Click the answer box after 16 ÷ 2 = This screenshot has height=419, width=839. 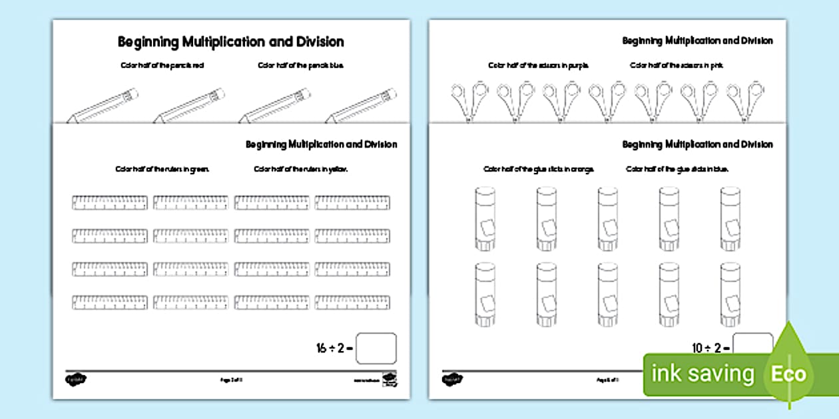point(376,348)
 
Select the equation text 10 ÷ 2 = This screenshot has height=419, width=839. point(711,348)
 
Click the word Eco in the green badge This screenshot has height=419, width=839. point(788,374)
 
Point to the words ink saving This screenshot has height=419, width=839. point(702,374)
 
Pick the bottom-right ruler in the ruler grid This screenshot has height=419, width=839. point(352,303)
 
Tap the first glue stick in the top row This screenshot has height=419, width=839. point(485,218)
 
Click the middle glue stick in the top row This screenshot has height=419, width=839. point(607,218)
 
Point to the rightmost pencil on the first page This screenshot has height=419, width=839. point(363,106)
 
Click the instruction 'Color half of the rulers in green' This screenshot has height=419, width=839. point(162,170)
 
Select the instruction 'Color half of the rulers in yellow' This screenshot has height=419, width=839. point(301,170)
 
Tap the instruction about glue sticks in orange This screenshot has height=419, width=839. point(539,170)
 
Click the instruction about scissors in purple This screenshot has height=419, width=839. point(539,66)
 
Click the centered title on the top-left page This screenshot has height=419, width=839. point(231,42)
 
